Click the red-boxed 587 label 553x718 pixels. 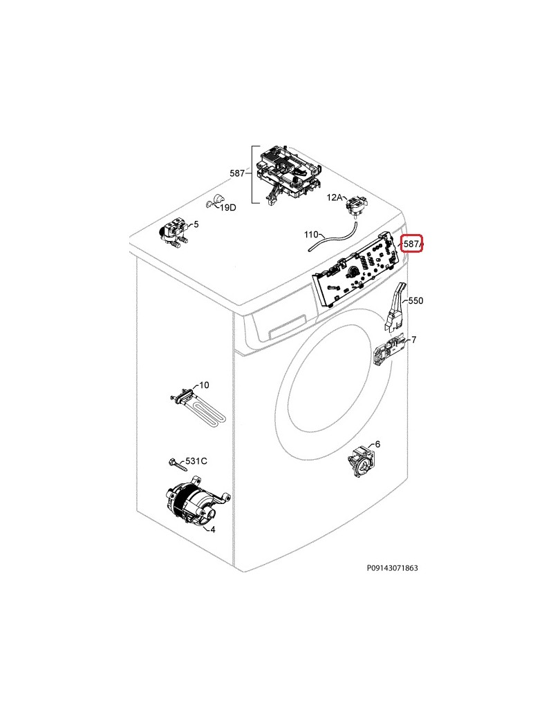click(412, 244)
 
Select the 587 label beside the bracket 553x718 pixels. click(237, 173)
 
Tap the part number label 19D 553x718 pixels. click(228, 207)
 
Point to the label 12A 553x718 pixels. click(335, 197)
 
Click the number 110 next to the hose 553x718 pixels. click(311, 235)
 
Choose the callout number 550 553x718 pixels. click(415, 301)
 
